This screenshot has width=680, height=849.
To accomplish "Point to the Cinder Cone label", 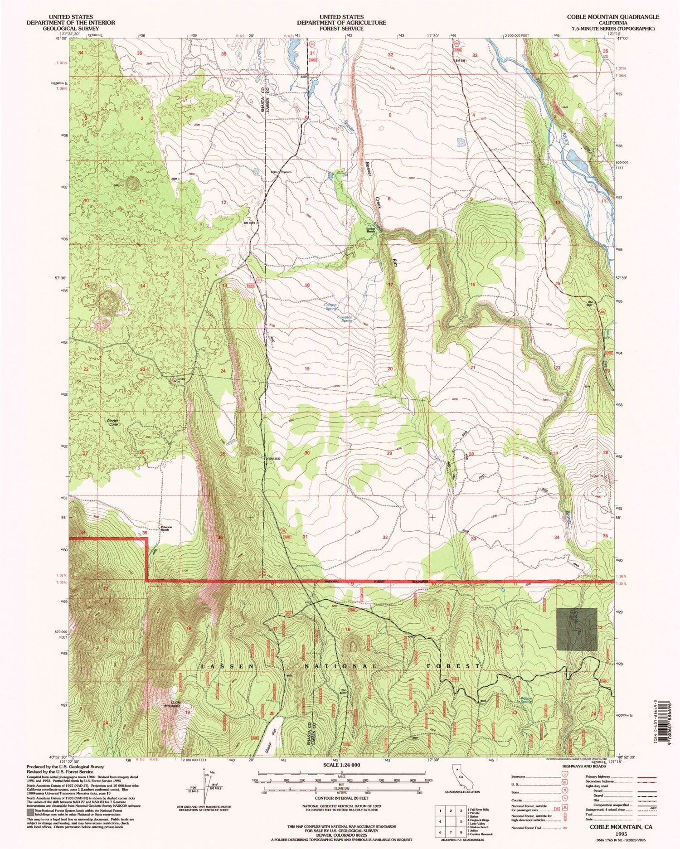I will pos(112,422).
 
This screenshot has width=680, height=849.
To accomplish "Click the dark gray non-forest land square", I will pos(577,630).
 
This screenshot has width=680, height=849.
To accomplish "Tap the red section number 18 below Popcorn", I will pos(307,285).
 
